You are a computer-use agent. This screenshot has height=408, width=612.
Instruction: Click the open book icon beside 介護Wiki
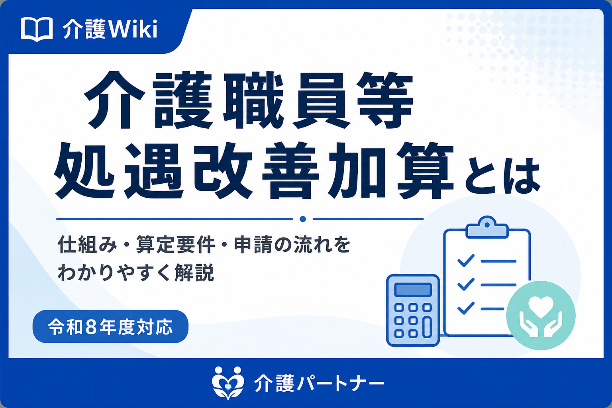click(37, 29)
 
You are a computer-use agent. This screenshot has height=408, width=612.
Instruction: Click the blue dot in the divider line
click(303, 219)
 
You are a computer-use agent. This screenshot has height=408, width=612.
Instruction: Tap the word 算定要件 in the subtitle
click(175, 244)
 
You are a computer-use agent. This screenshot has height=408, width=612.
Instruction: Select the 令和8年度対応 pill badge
click(110, 326)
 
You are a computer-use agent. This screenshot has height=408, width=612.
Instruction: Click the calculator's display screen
click(413, 290)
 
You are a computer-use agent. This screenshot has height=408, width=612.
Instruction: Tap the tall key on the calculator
click(427, 327)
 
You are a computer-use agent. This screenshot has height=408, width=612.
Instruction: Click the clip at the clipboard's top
click(487, 228)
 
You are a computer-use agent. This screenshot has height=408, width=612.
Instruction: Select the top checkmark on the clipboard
click(466, 260)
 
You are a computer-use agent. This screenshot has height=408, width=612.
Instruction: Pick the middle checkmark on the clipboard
click(466, 284)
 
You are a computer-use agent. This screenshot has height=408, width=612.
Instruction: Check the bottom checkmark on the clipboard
click(466, 308)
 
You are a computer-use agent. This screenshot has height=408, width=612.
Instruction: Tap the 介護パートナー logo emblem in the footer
click(228, 383)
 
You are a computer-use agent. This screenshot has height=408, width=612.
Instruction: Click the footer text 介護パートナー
click(319, 383)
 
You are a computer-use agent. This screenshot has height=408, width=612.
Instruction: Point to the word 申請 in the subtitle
click(253, 244)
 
